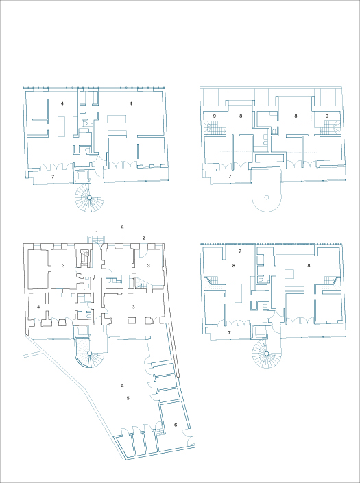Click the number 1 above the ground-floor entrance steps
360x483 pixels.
coord(98,232)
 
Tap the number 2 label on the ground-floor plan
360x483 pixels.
coord(143,238)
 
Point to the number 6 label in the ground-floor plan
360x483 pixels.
coord(176,425)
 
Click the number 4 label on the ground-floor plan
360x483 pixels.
coord(38,307)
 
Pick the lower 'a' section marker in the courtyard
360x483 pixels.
coord(123,385)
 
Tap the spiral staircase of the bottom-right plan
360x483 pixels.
coord(264,356)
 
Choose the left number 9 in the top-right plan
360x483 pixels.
coord(214,116)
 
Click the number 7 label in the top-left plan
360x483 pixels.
coord(53,177)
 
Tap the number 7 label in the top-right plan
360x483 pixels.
coord(230,177)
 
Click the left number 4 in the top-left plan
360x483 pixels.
coord(62,103)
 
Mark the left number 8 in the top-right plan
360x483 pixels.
coord(241,116)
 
